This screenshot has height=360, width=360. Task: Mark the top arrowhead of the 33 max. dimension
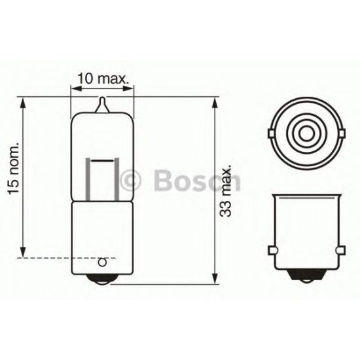coord(217,102)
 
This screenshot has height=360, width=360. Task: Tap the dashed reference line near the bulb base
coord(46,259)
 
